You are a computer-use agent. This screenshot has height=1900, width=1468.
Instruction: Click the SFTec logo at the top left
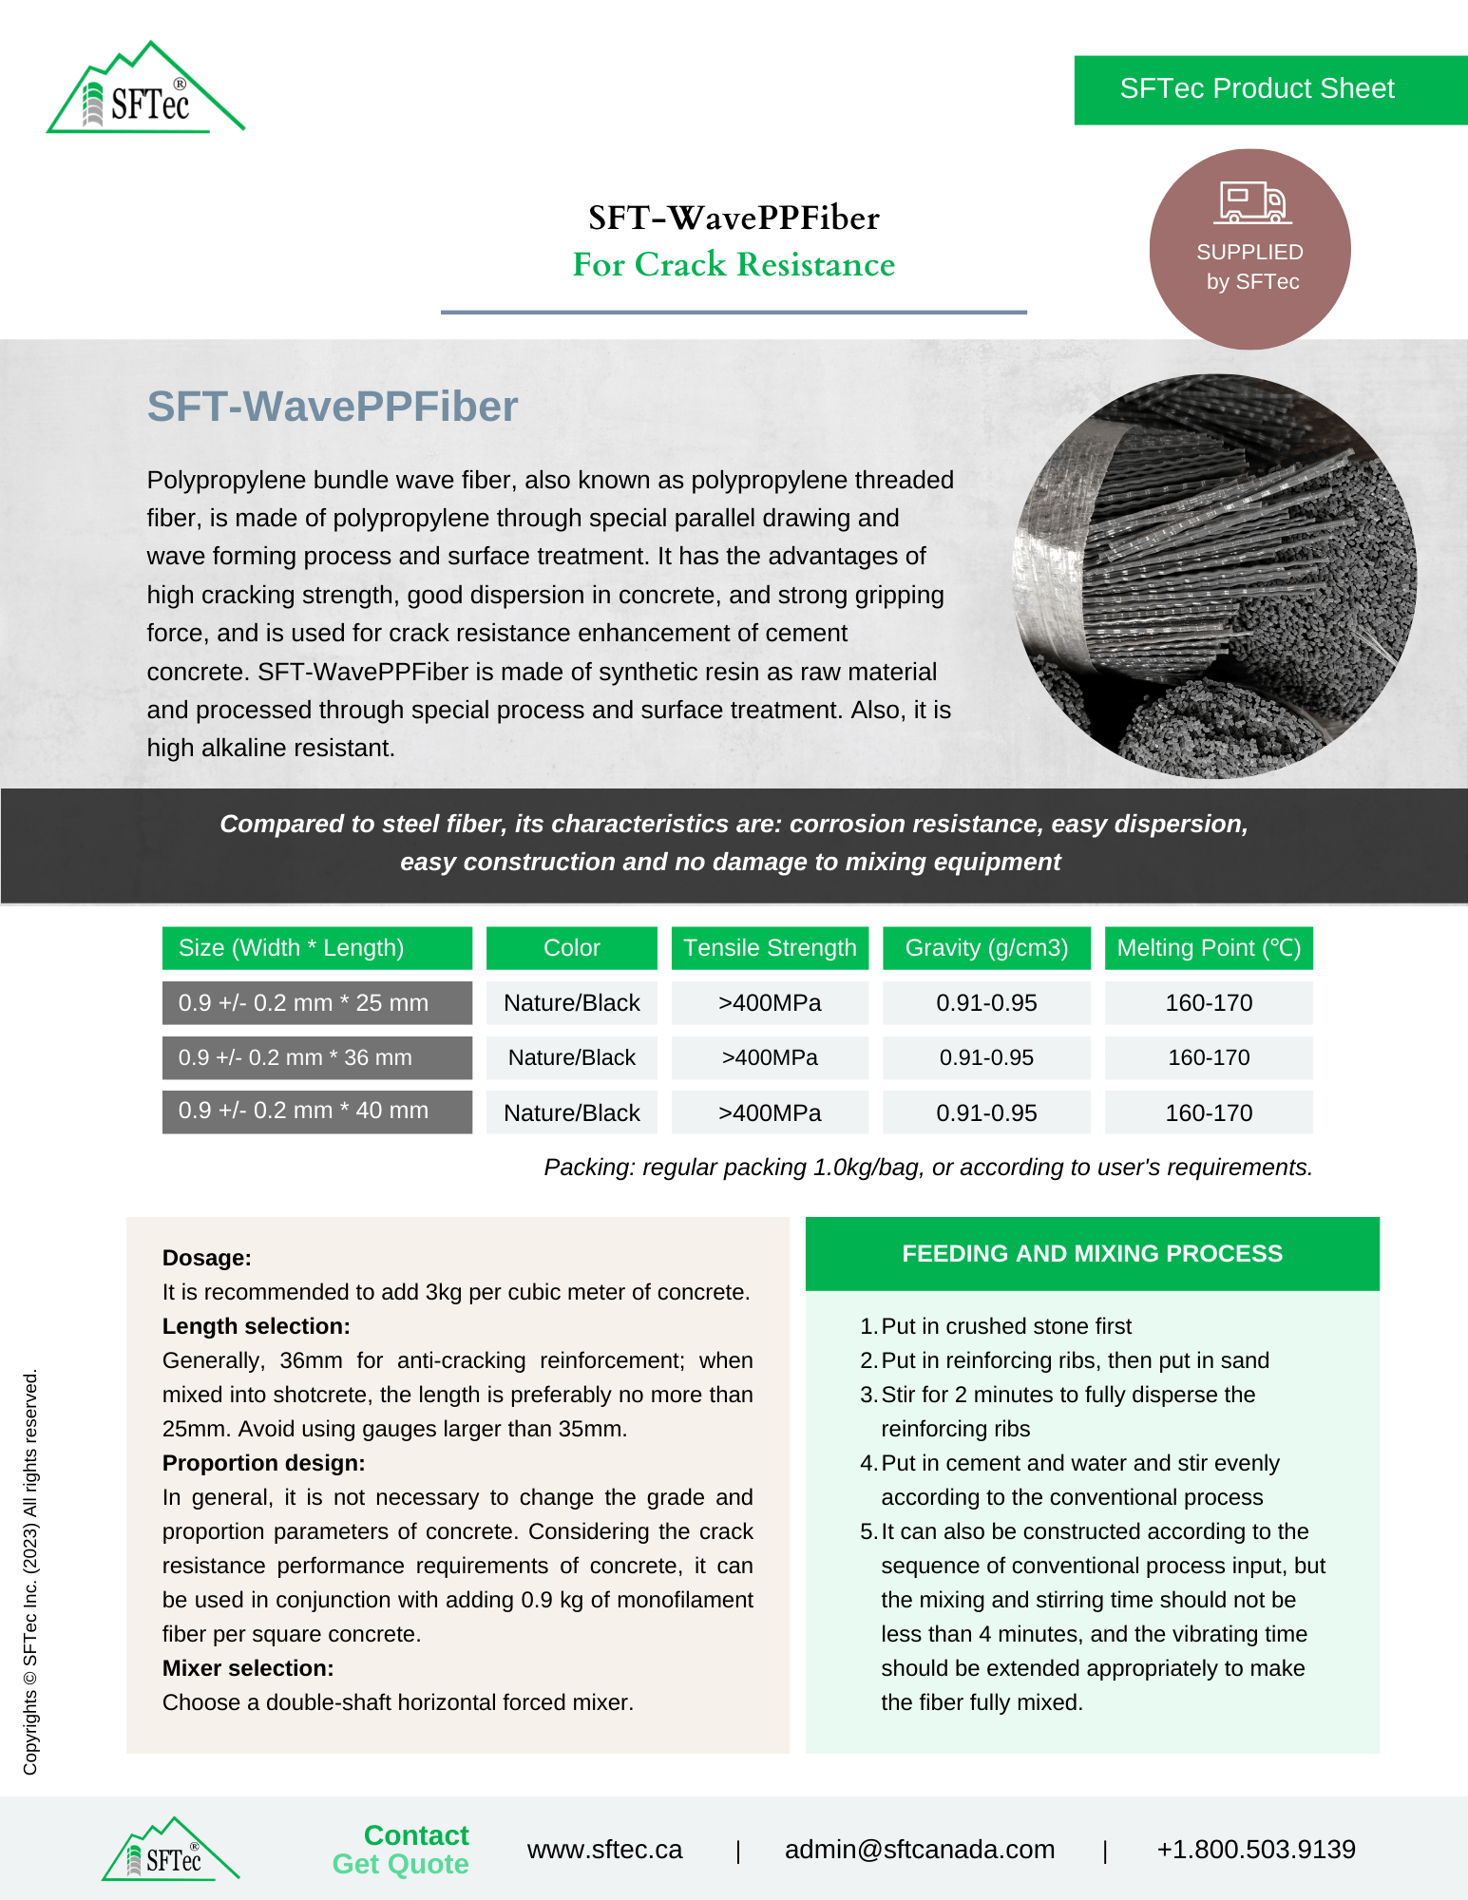[x=145, y=91]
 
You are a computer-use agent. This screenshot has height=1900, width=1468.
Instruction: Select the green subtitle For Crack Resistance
[x=734, y=264]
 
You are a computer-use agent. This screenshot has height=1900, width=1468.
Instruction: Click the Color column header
[x=571, y=948]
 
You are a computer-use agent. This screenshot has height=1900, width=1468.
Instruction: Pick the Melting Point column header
[x=1208, y=948]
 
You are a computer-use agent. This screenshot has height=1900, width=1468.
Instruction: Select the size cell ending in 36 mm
[x=316, y=1057]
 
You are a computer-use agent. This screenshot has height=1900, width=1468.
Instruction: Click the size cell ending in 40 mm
[x=316, y=1111]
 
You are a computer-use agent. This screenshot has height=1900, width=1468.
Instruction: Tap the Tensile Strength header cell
[x=770, y=948]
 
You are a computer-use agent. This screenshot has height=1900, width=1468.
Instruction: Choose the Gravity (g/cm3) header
[x=986, y=948]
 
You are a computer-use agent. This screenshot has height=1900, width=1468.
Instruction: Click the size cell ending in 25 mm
[x=316, y=1003]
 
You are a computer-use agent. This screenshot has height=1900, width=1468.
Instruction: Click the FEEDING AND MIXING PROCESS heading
[x=1092, y=1253]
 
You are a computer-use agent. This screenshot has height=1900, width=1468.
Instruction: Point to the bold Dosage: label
[x=207, y=1258]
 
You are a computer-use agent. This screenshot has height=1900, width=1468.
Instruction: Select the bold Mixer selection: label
[x=248, y=1668]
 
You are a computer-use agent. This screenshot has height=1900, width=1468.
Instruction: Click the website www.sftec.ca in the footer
[x=604, y=1849]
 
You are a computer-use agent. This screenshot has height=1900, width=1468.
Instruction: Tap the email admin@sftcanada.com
[x=919, y=1849]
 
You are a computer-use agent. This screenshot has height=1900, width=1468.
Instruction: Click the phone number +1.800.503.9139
[x=1255, y=1849]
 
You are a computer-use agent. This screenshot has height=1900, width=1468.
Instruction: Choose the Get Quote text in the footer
[x=400, y=1864]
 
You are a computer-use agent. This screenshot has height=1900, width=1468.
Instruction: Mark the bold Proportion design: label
[x=263, y=1463]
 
